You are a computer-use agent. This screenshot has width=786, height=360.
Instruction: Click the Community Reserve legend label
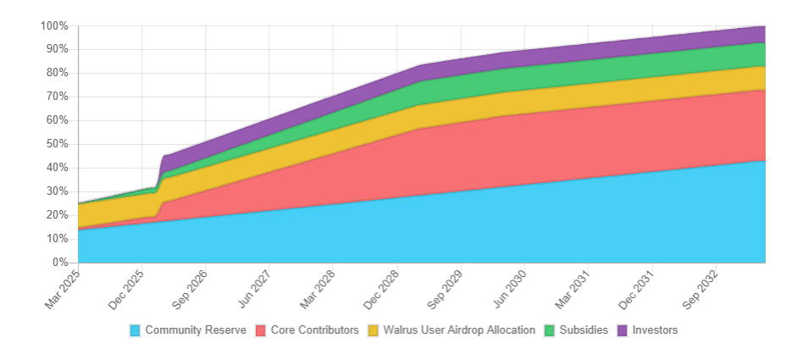pos(196,330)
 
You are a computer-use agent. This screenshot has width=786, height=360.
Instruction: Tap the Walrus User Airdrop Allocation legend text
pos(459,330)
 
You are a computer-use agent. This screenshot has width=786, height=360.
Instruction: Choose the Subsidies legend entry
pos(584,330)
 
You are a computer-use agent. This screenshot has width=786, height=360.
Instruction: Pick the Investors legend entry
pos(655,330)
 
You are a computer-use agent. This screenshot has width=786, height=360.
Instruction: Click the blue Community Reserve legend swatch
pos(136,330)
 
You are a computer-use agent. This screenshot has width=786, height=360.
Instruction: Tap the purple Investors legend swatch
pos(623,330)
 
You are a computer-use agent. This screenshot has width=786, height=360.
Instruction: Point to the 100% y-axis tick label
pos(54,25)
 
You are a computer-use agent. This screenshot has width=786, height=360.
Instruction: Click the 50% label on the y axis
pos(57,144)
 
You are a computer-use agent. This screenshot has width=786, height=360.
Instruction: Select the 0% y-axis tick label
pos(59,263)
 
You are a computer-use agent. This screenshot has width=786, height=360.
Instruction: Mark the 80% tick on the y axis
pos(57,73)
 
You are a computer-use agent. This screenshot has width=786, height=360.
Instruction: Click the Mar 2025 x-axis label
pos(63,286)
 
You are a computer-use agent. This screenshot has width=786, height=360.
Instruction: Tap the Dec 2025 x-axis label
pos(126,286)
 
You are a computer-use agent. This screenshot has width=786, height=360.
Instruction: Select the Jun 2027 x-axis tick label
pos(255,286)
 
